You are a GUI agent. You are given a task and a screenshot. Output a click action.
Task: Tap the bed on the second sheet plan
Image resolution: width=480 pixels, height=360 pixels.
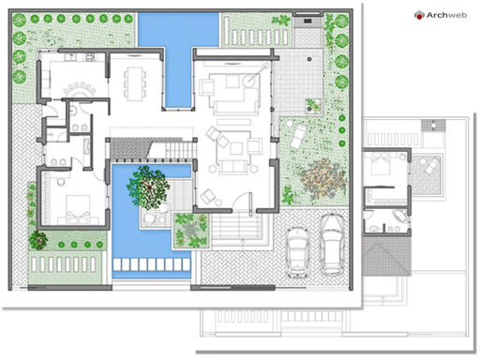tap(383, 167)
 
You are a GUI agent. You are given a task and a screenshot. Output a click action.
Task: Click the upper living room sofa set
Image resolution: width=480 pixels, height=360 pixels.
tap(229, 92)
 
